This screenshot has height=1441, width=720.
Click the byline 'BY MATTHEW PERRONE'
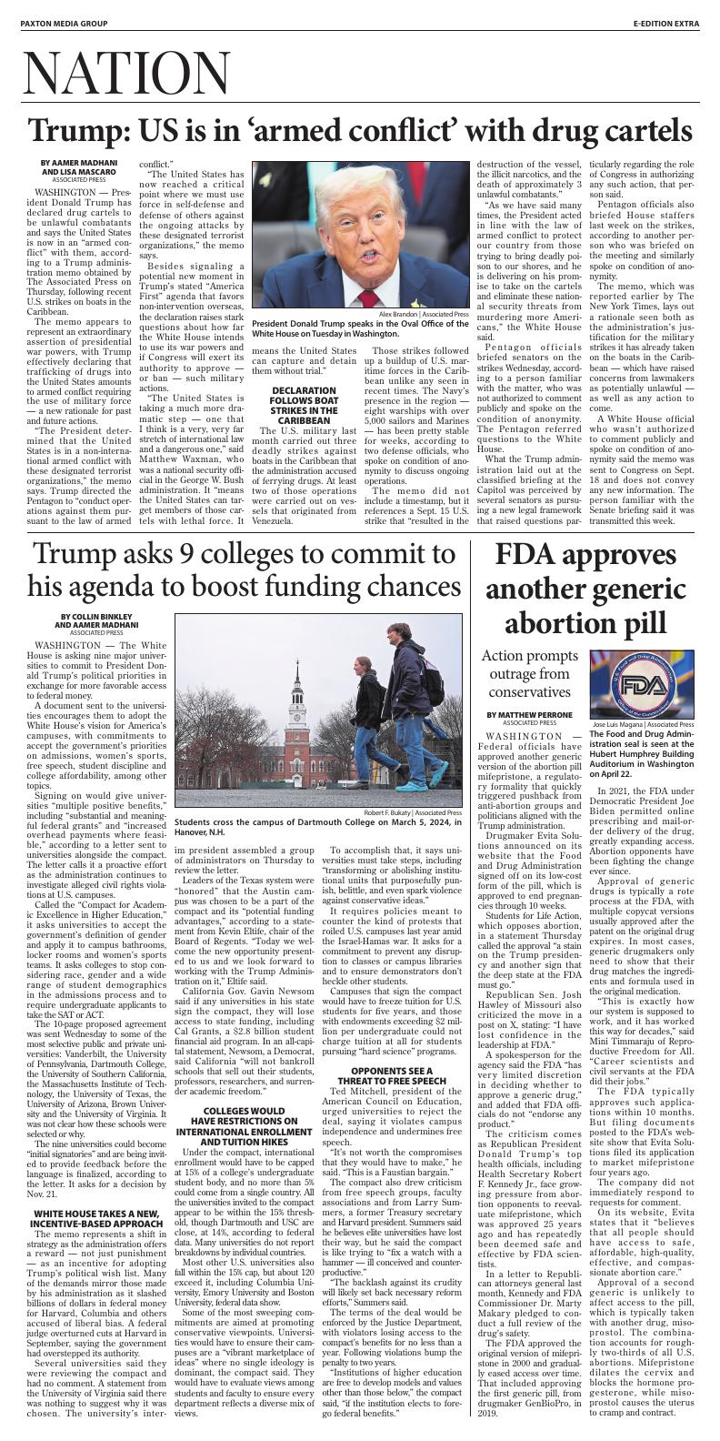click(x=522, y=715)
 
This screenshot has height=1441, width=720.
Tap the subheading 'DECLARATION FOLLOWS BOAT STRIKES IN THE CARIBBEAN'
click(x=303, y=406)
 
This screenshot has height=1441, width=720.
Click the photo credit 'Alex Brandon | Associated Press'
click(x=419, y=314)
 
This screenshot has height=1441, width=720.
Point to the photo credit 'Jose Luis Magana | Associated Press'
click(x=643, y=724)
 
